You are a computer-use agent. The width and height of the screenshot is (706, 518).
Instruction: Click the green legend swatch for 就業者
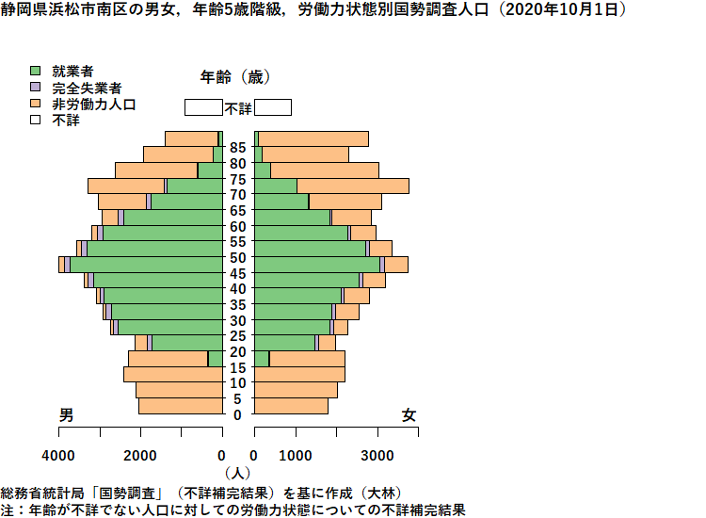[35, 71]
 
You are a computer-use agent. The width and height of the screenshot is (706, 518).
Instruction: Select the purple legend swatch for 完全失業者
[35, 87]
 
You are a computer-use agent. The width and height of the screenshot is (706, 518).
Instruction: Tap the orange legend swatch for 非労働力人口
[35, 104]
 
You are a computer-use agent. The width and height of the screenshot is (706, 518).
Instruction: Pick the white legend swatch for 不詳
[35, 120]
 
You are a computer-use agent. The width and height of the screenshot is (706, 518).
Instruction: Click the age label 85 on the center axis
[238, 147]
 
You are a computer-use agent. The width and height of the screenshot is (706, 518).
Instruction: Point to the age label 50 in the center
[238, 258]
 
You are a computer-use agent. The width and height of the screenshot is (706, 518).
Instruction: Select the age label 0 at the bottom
[238, 414]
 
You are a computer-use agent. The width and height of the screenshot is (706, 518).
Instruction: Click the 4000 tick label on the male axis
[58, 456]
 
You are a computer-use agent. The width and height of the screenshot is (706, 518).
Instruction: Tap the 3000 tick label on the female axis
[377, 456]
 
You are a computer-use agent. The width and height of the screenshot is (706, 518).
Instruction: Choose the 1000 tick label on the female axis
[296, 456]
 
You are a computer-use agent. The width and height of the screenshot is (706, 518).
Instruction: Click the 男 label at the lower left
[66, 414]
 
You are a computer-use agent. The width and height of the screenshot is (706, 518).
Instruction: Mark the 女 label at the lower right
[409, 414]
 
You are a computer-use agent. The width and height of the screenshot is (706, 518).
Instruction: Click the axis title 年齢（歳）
[235, 77]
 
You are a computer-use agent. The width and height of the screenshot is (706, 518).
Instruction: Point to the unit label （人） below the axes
[237, 473]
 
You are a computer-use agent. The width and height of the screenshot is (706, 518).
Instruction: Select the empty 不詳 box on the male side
[203, 107]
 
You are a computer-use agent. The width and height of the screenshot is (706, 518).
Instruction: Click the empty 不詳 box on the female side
[273, 107]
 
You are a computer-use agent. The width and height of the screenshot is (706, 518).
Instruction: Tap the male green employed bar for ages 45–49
[146, 265]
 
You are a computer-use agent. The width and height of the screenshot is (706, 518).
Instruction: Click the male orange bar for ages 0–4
[181, 406]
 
